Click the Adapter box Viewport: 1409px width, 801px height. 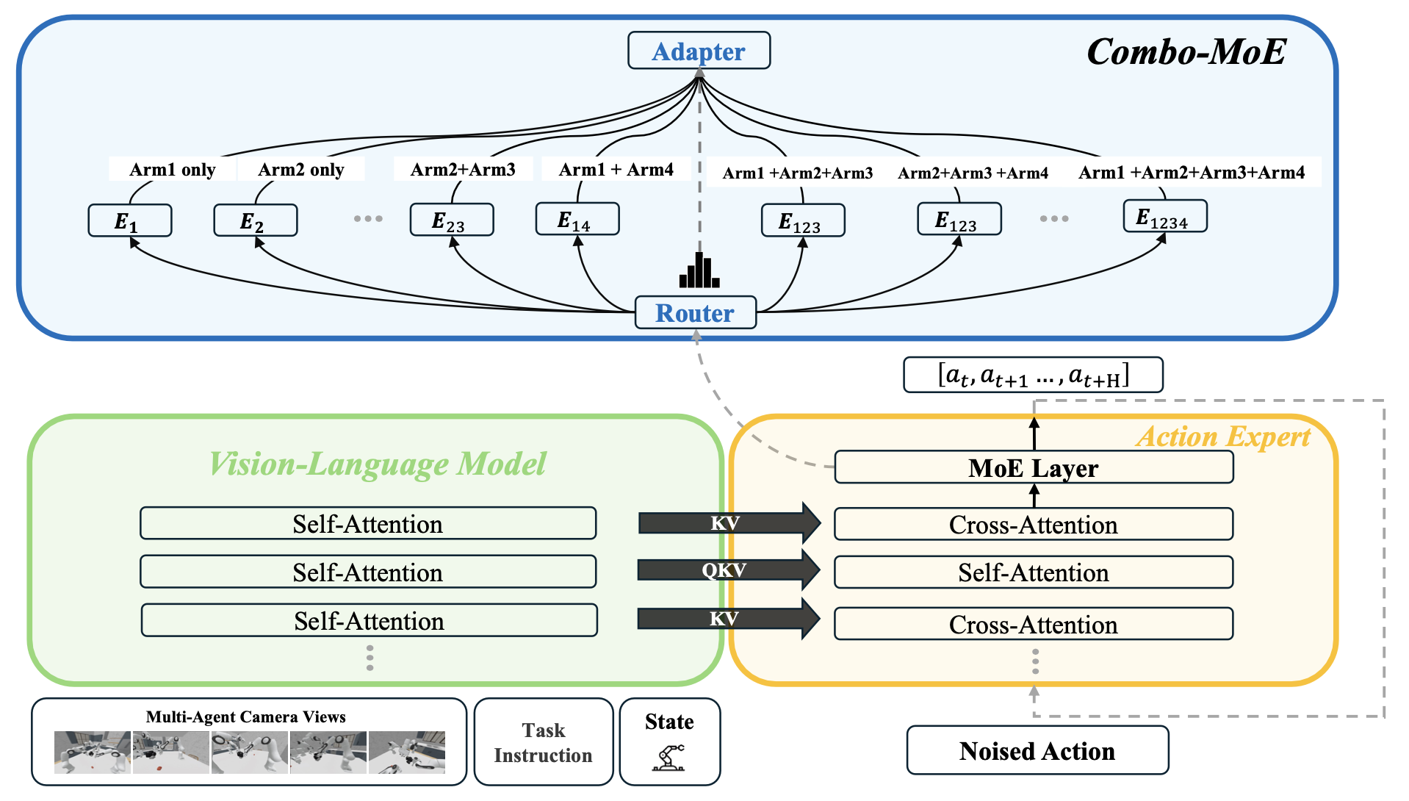[699, 51]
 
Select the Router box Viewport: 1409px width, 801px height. [695, 313]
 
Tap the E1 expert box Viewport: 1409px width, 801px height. [129, 220]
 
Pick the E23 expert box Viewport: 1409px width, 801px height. [451, 220]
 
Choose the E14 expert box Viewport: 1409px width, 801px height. [577, 220]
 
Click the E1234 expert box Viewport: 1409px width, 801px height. [1164, 217]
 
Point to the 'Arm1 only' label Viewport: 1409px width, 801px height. [173, 170]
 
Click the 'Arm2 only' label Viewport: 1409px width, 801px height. [301, 170]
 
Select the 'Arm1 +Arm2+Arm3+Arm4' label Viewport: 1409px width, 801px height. [1192, 173]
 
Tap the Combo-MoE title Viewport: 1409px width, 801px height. [1186, 52]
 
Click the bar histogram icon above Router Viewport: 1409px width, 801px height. [699, 270]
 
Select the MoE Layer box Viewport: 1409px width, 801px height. [1033, 468]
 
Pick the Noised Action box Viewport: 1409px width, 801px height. [1037, 751]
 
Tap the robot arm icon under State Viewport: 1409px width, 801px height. [669, 757]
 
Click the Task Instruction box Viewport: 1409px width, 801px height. [543, 742]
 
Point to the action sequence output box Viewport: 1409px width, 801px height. [1032, 376]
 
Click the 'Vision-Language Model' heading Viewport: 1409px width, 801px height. [378, 464]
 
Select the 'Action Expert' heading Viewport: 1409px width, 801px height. [1223, 437]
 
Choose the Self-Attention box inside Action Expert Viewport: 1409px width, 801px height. [1033, 572]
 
